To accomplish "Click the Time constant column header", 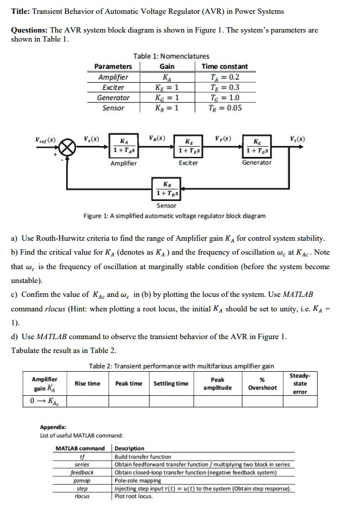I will [225, 66].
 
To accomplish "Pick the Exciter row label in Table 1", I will [113, 88].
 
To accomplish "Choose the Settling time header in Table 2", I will [171, 383].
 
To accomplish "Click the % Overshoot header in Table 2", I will [262, 384].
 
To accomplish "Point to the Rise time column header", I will [87, 383].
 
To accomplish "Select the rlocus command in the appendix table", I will [82, 496].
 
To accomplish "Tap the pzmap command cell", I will [82, 480].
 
